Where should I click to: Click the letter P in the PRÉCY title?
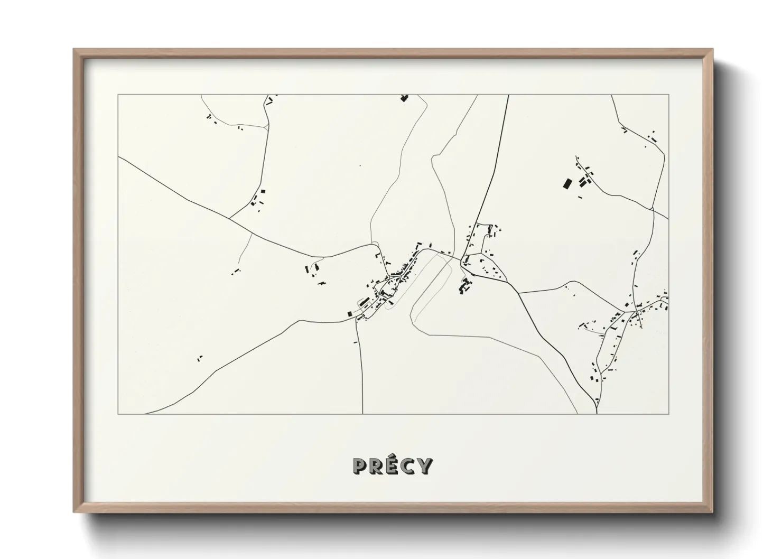[360, 465]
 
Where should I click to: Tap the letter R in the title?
[377, 465]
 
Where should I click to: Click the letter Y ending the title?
[425, 465]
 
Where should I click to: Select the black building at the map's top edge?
[405, 98]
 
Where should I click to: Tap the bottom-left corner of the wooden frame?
[75, 512]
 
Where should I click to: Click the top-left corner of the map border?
[118, 95]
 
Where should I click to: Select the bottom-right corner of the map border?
[669, 414]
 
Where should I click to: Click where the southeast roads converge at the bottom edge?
[596, 412]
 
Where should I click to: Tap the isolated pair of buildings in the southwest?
[200, 358]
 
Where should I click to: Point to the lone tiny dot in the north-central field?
[360, 166]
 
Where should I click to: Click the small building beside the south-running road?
[356, 342]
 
